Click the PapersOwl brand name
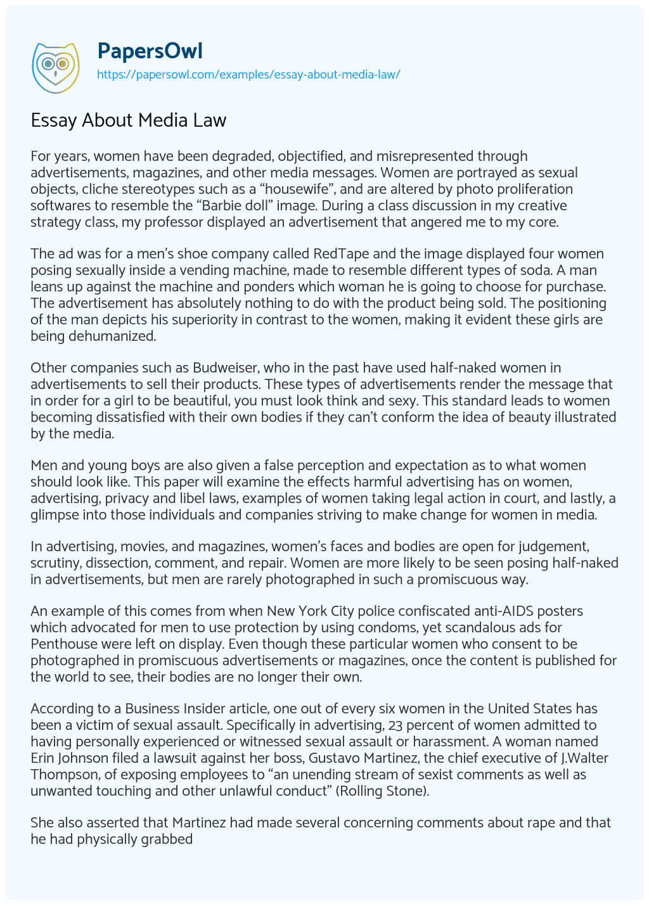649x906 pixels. (x=150, y=51)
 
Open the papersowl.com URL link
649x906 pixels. (x=248, y=74)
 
